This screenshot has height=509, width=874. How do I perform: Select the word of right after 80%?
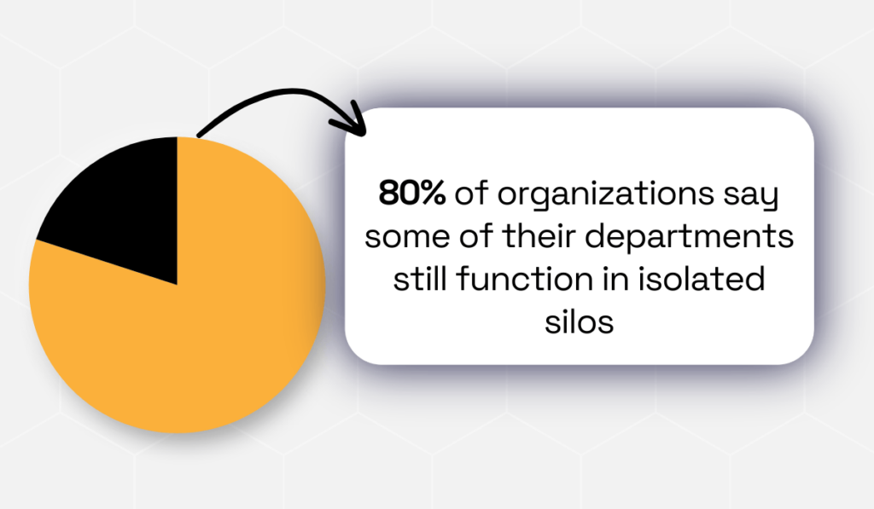[470, 195]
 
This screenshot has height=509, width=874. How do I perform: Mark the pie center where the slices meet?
[177, 284]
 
